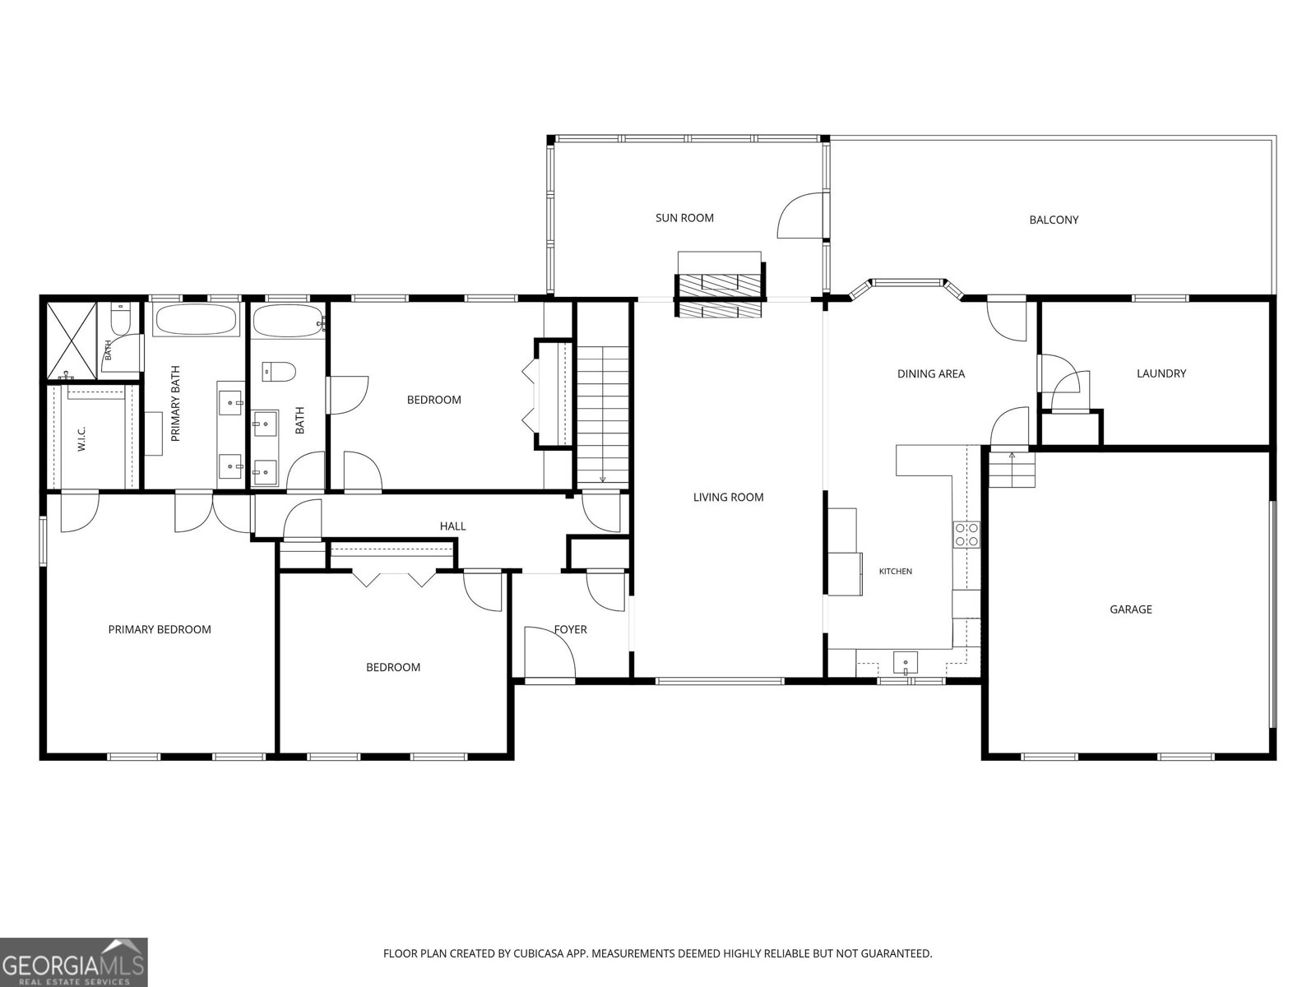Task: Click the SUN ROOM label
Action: (x=684, y=218)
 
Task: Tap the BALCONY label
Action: (x=1054, y=220)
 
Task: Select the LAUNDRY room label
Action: (x=1161, y=373)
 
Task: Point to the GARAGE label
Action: (x=1131, y=609)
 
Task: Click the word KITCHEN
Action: (x=895, y=572)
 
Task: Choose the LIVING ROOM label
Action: (x=729, y=497)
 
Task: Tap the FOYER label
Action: (x=570, y=629)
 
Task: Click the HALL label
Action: (x=452, y=526)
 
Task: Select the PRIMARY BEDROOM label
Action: (x=160, y=629)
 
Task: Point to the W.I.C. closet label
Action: (x=82, y=438)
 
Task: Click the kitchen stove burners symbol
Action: (x=966, y=535)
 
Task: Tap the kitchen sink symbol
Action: (x=905, y=664)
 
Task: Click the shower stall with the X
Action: (x=72, y=341)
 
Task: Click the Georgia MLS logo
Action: (x=73, y=962)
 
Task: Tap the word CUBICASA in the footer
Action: (x=539, y=952)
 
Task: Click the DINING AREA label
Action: (x=931, y=374)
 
